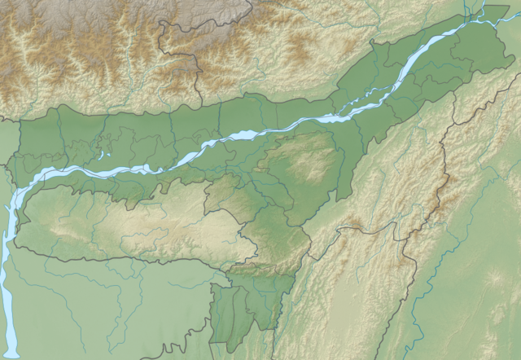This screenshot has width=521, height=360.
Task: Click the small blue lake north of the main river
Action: [x=103, y=154]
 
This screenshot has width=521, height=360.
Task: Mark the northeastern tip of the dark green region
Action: [x=492, y=10]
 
